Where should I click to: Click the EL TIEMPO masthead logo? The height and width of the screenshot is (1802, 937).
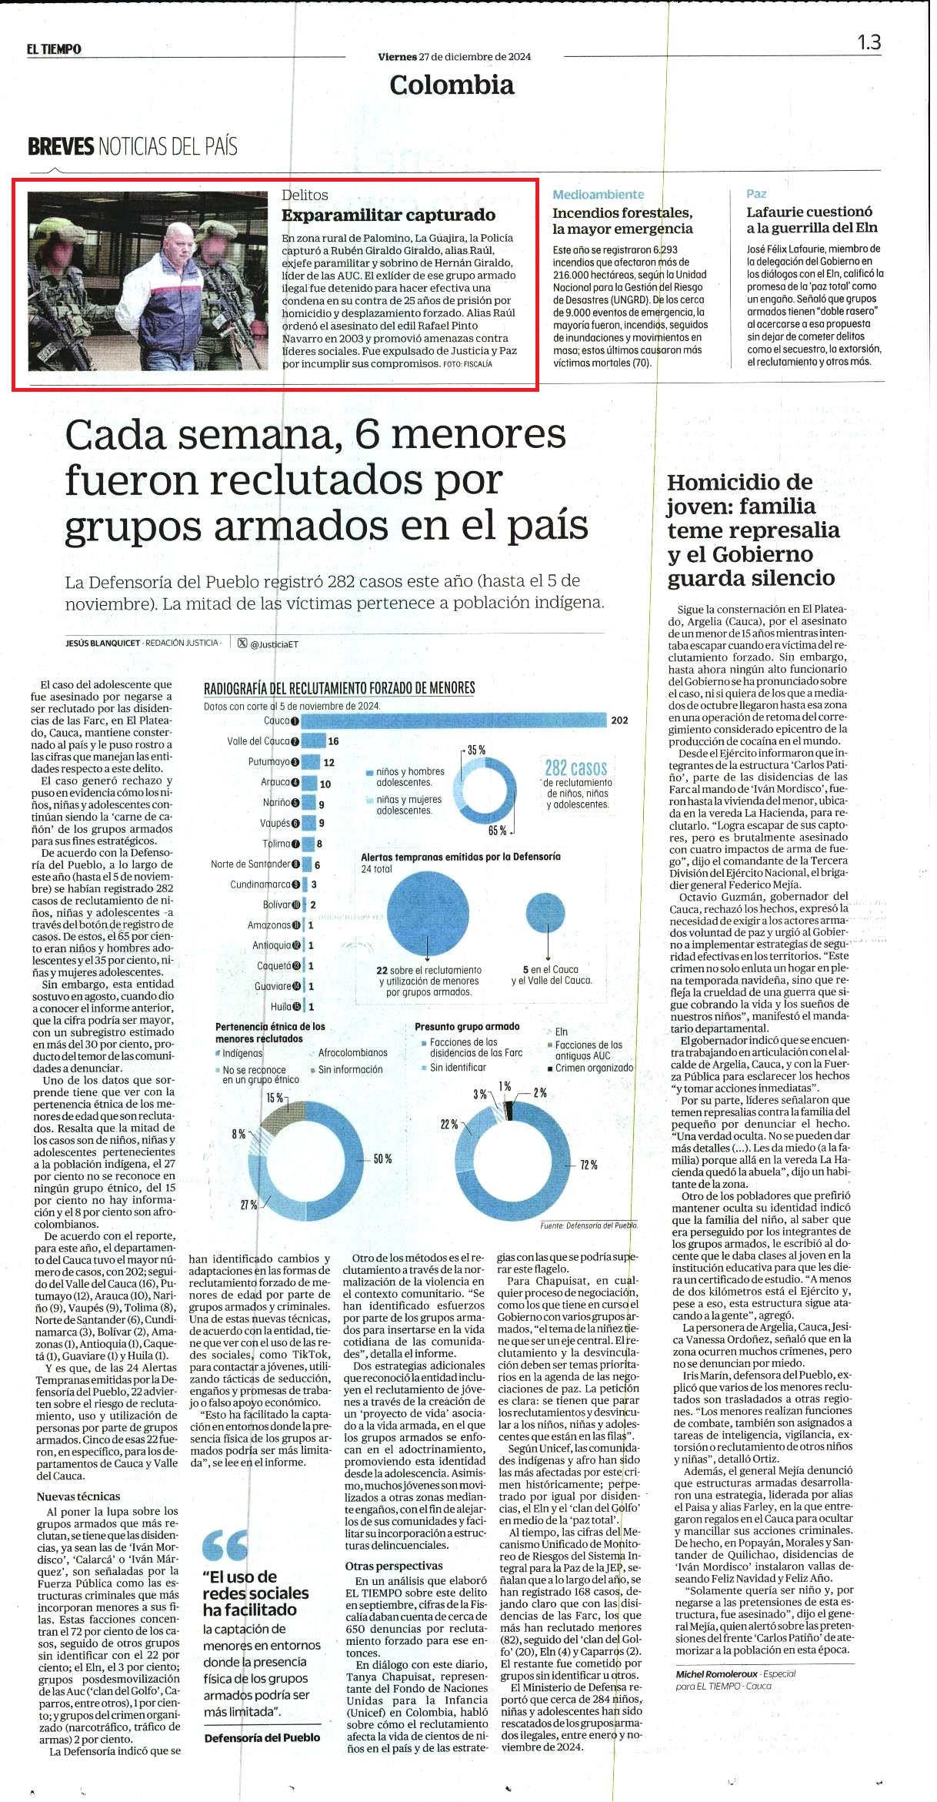pos(53,49)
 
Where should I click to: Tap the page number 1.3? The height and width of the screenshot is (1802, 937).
pos(869,42)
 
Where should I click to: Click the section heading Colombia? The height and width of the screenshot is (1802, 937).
pos(452,85)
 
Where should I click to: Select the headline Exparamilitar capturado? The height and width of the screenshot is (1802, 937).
pos(388,215)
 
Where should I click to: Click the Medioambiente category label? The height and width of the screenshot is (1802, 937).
pos(598,195)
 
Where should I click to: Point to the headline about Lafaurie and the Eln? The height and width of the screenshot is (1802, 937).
pos(812,219)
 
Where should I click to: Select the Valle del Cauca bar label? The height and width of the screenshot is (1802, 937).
pos(258,741)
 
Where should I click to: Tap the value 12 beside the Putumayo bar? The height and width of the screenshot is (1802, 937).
pos(329,762)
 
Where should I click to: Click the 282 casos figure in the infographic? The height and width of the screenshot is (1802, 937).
pos(575,768)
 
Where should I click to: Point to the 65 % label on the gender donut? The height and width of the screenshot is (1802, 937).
pos(497,831)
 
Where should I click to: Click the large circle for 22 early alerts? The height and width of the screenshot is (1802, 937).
pos(428,913)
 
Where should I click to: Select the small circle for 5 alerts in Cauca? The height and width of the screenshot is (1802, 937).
pos(547,912)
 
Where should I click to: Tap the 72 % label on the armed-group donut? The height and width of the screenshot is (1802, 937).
pos(589,1165)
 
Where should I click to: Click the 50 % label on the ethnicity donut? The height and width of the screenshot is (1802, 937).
pos(382,1158)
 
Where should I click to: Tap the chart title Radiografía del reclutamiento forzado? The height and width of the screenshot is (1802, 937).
pos(339,688)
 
